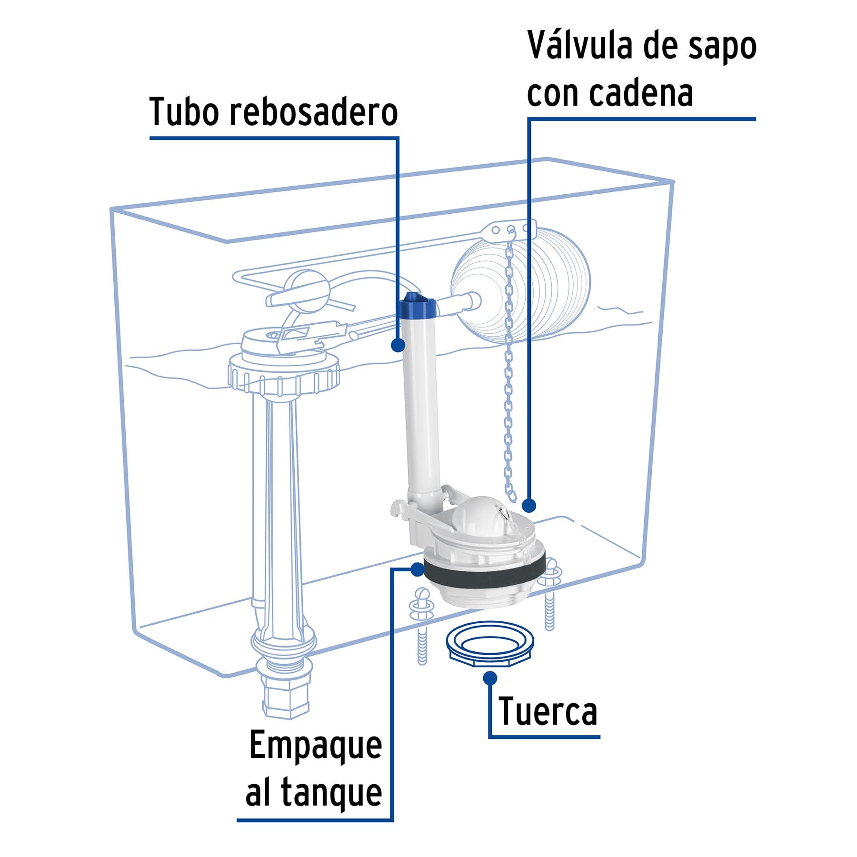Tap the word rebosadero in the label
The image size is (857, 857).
(x=314, y=112)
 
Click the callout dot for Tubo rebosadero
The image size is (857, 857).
(x=398, y=345)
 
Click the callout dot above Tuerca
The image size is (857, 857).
(x=489, y=678)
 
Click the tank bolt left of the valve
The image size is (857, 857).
(x=421, y=624)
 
